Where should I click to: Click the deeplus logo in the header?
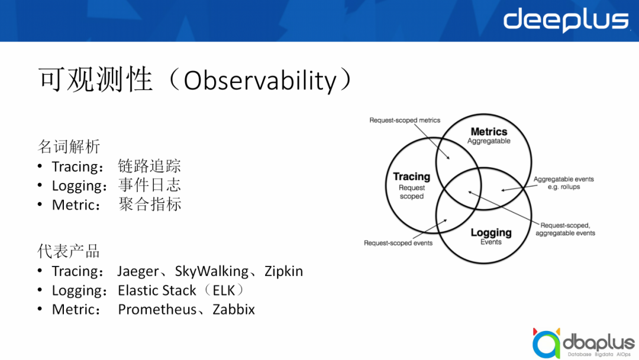[x=566, y=20]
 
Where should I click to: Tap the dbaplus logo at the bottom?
[x=583, y=343]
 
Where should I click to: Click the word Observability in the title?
[x=260, y=81]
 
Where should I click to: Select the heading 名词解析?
[x=69, y=146]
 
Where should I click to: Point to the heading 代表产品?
[x=69, y=251]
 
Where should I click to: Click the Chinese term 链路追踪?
[x=149, y=166]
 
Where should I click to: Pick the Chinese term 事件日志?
[x=149, y=185]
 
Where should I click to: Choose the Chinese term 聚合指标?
[x=150, y=204]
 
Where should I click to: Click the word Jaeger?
[x=138, y=272]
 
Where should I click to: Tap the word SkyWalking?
[x=211, y=272]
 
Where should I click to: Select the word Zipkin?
[x=283, y=272]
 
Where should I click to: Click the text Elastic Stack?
[x=157, y=290]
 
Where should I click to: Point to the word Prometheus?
[x=157, y=310]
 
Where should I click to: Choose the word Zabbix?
[x=234, y=310]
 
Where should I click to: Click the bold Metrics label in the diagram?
[x=489, y=131]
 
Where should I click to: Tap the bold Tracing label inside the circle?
[x=412, y=176]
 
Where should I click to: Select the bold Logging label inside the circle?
[x=491, y=233]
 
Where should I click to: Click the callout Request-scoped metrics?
[x=405, y=120]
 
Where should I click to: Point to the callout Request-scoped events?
[x=398, y=243]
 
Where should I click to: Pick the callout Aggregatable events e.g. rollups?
[x=564, y=183]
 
